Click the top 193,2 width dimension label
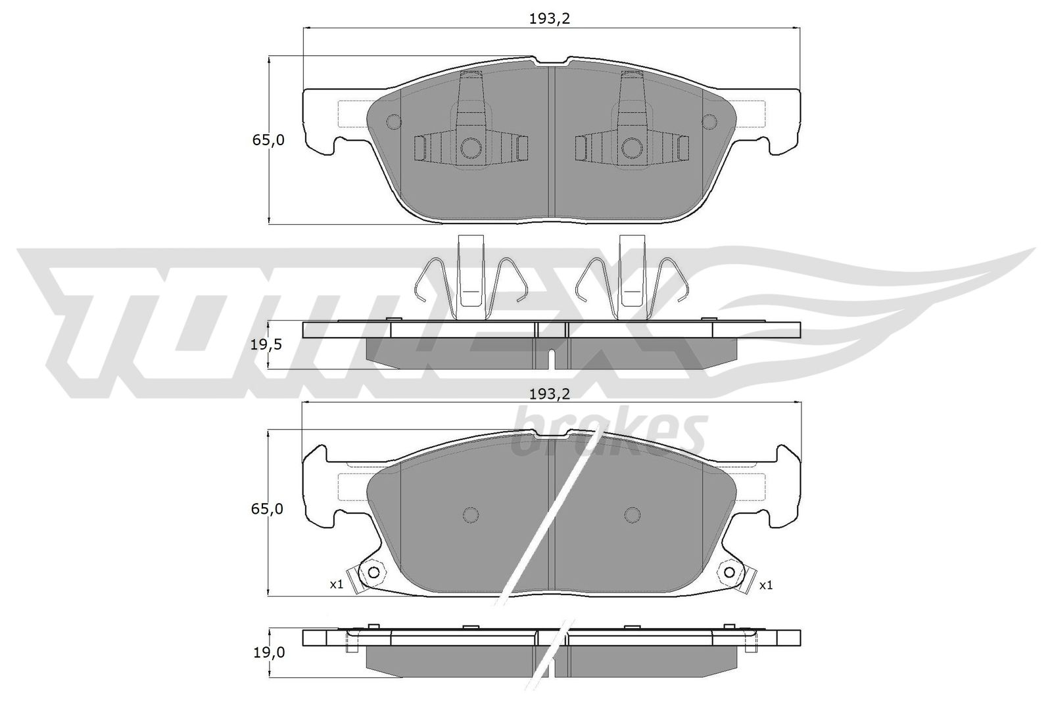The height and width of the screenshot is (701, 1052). (x=550, y=19)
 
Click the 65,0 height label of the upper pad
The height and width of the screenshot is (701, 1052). (x=268, y=140)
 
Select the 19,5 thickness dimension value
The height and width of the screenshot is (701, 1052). (x=266, y=345)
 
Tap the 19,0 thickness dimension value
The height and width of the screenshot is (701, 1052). (x=269, y=652)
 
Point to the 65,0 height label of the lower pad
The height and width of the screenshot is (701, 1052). (x=267, y=509)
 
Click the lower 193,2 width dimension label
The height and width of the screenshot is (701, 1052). (x=550, y=394)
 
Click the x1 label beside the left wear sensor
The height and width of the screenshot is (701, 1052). (x=337, y=585)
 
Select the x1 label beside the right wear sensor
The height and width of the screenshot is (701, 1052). (x=765, y=585)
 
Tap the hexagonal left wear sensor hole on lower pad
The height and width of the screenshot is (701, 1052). (x=373, y=572)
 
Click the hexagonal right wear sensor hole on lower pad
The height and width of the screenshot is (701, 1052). (x=729, y=572)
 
